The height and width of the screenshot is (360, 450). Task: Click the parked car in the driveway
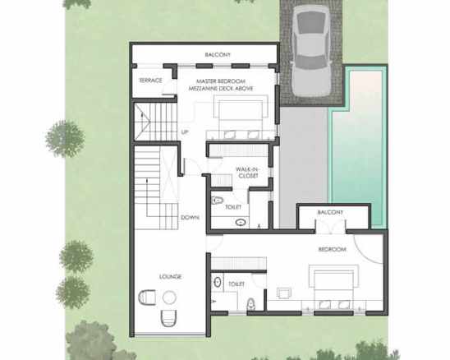tap(312, 51)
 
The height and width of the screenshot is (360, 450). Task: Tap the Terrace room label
tap(150, 81)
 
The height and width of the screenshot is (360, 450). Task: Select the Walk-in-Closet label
tap(248, 173)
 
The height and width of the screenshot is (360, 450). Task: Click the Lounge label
tap(171, 277)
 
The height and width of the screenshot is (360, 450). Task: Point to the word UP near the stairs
tap(185, 132)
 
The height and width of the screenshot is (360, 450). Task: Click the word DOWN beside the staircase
tap(190, 218)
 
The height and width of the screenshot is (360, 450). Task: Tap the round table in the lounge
tap(169, 298)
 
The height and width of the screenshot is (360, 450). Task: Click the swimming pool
tap(357, 146)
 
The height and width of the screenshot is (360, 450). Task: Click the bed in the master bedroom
tap(241, 118)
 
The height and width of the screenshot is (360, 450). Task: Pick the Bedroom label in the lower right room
tap(332, 249)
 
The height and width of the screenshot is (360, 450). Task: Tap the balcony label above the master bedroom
tap(218, 54)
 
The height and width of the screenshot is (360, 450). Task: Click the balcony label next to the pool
tap(330, 212)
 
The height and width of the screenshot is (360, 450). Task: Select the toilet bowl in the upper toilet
tap(218, 200)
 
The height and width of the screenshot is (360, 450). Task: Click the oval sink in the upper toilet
tap(241, 222)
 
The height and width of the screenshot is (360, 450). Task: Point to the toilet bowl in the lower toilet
tap(250, 304)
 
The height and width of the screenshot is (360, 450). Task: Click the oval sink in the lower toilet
tap(218, 282)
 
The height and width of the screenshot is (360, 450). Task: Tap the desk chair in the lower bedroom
tap(284, 293)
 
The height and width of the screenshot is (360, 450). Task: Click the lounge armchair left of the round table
tap(147, 297)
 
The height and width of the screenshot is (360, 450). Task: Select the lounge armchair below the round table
tap(168, 318)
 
